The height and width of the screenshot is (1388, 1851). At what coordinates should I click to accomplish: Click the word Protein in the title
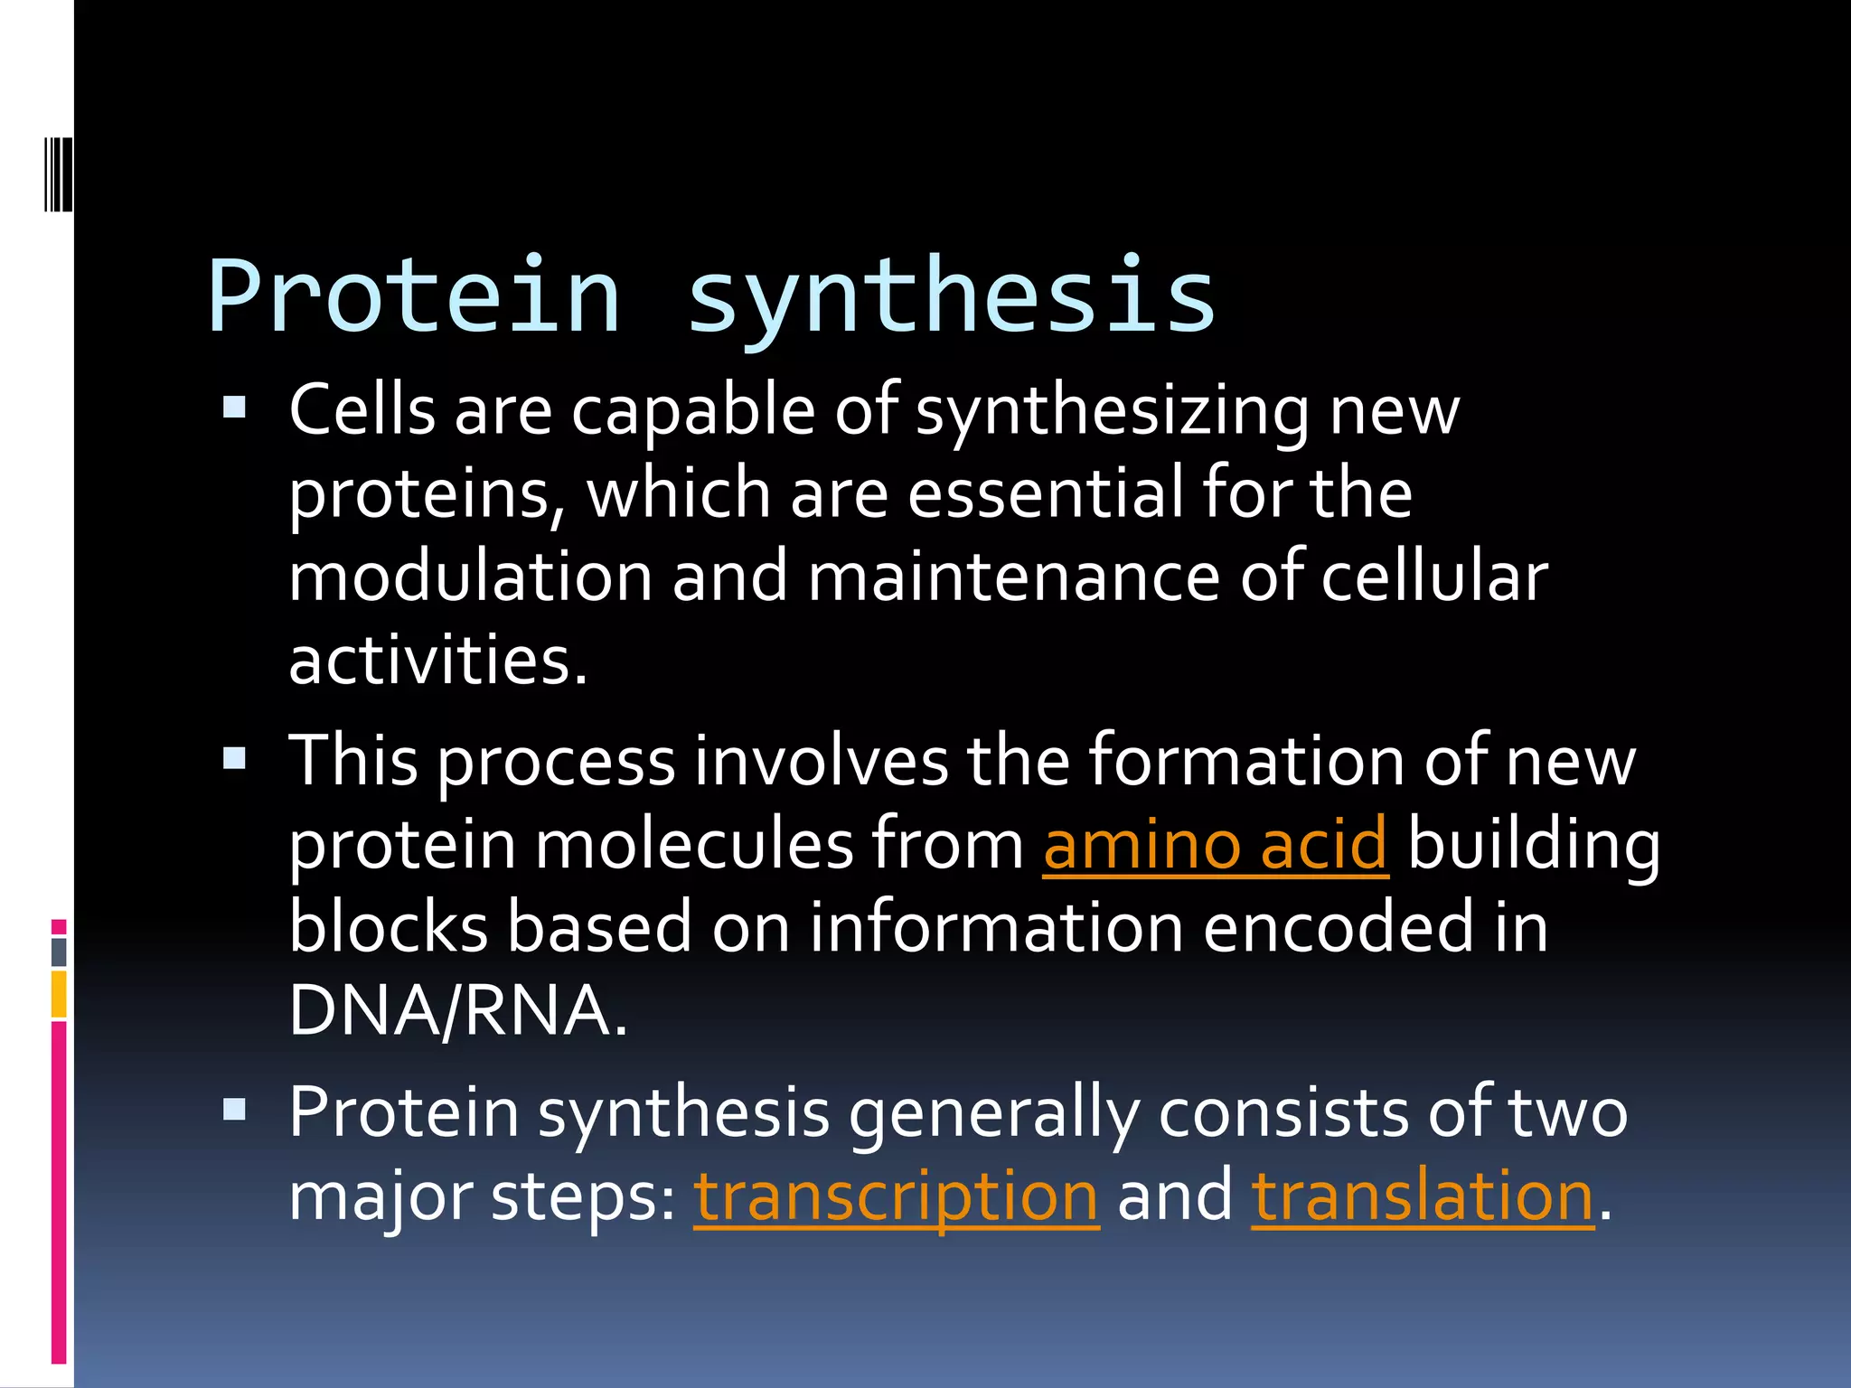414,296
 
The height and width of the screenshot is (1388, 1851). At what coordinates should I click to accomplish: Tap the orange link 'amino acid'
1215,844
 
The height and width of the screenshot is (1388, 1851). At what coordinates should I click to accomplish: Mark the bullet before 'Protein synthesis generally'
234,1109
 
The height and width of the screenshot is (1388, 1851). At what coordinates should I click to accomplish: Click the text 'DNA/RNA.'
457,1010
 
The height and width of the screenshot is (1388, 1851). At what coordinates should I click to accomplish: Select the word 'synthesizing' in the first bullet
1112,411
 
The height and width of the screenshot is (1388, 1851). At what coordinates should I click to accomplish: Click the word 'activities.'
438,660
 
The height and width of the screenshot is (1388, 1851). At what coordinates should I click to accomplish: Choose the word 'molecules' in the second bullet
694,844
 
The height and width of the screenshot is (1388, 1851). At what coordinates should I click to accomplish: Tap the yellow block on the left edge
59,994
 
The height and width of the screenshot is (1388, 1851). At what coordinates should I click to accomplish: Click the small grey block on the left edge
59,952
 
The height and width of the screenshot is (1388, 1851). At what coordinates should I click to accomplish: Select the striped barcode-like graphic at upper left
59,173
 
